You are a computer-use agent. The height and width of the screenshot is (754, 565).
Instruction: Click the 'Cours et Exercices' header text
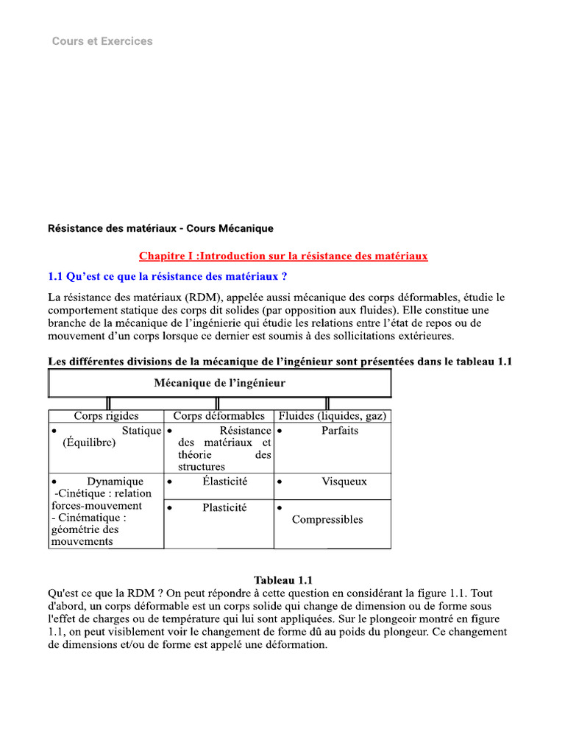click(102, 41)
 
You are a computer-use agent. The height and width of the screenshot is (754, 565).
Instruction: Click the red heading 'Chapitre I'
click(283, 256)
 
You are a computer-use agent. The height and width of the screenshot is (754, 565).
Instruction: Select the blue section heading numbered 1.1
click(167, 277)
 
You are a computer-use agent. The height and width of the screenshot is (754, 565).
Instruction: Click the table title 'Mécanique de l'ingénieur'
click(219, 383)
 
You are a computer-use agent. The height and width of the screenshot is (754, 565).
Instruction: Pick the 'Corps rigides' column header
click(106, 416)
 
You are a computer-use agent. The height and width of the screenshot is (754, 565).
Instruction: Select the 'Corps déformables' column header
click(218, 416)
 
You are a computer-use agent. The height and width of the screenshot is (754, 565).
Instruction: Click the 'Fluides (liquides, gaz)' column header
click(333, 416)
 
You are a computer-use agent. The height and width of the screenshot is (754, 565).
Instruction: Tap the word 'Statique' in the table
click(141, 431)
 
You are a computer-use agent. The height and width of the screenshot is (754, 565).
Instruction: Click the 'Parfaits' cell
click(340, 431)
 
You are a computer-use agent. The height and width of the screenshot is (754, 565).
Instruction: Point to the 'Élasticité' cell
click(225, 482)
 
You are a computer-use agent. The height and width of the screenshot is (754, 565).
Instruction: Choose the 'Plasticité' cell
click(224, 507)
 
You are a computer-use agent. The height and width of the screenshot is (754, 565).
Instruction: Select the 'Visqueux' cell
click(344, 482)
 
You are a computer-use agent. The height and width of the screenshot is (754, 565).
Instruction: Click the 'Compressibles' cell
click(327, 519)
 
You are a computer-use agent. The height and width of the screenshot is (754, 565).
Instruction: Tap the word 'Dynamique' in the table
click(116, 482)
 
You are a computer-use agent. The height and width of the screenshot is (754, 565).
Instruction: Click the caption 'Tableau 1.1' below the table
click(283, 580)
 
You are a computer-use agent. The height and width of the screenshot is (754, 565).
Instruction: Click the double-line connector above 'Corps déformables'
click(218, 404)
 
